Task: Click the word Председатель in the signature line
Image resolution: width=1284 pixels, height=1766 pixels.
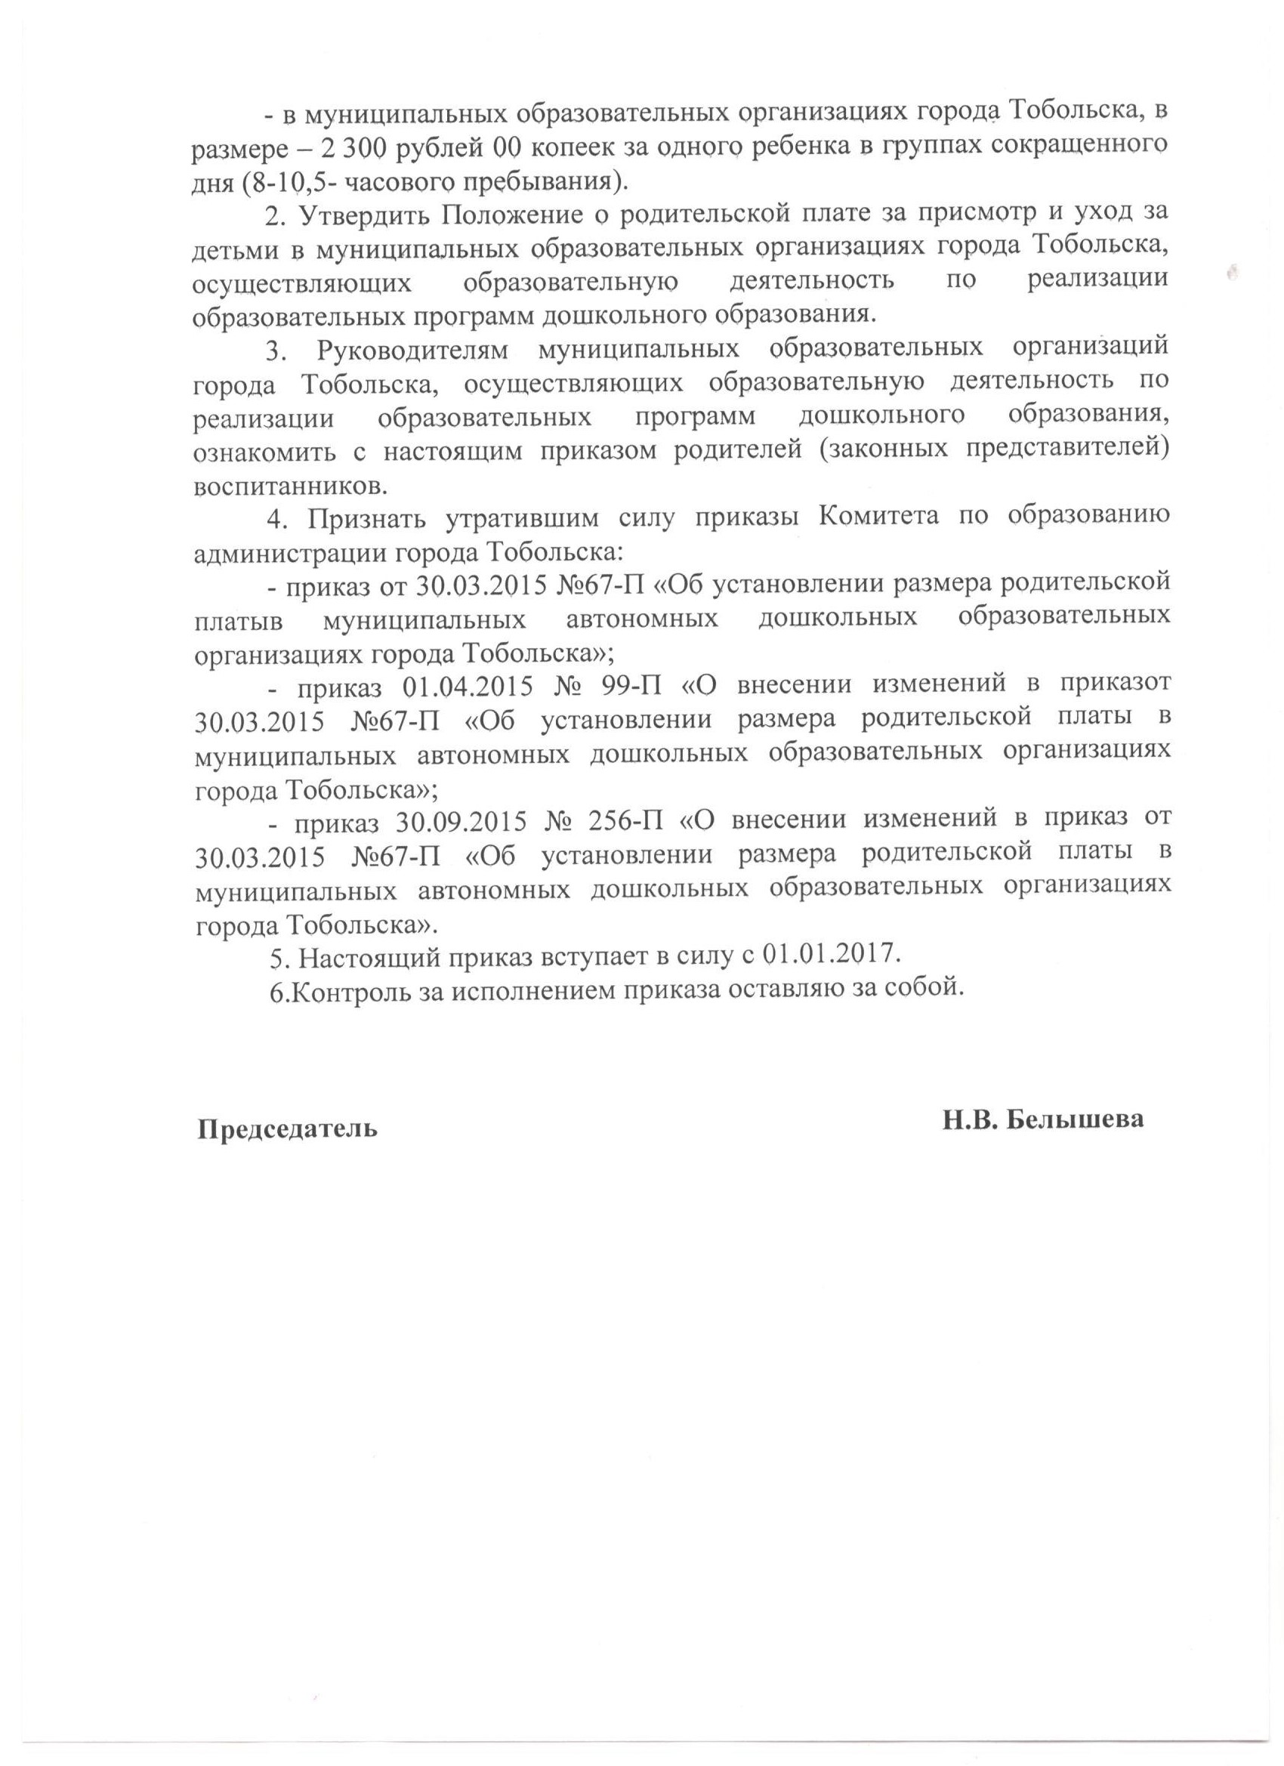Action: click(286, 1128)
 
